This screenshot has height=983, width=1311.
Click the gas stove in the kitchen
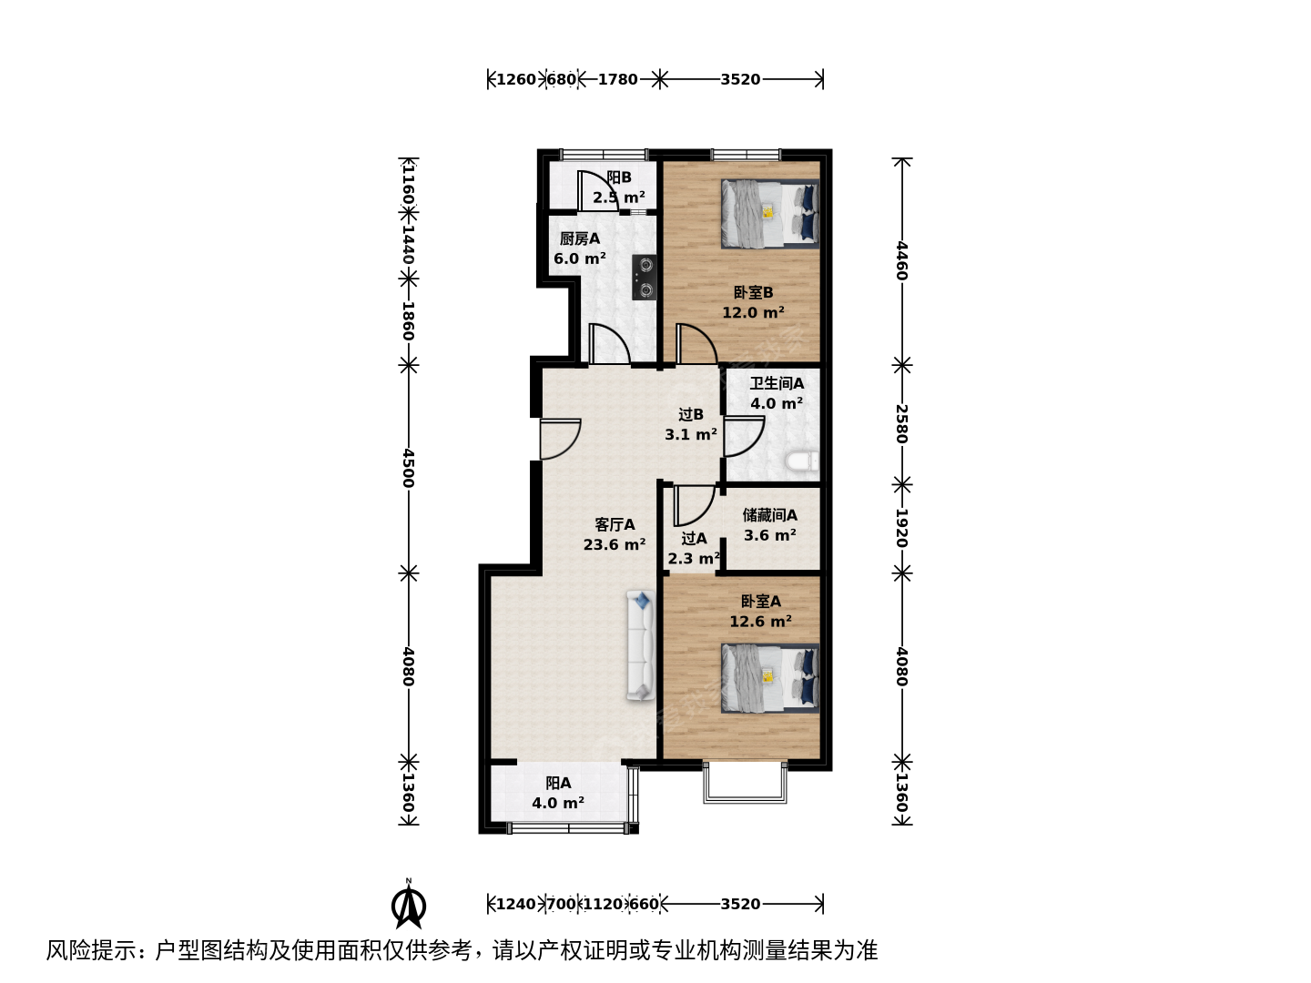(645, 277)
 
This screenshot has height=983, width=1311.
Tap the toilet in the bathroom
(801, 461)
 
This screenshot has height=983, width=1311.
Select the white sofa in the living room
(640, 645)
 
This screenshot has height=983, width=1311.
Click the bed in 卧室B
(769, 213)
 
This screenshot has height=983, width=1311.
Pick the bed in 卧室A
(769, 678)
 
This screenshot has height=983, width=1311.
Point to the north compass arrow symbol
(409, 905)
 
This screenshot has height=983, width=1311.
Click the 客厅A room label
(614, 524)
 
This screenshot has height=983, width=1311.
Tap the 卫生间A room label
(777, 383)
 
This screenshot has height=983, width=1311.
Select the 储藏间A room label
(769, 514)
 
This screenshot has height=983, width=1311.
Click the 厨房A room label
(579, 238)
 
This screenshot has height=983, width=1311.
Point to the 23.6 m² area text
(614, 544)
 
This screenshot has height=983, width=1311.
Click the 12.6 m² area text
(760, 622)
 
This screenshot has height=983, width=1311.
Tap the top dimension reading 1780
(617, 79)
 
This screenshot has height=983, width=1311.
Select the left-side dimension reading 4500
(408, 469)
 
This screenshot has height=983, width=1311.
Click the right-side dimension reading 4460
(902, 261)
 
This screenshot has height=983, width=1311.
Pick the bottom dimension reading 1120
(603, 904)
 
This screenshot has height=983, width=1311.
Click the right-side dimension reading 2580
(902, 424)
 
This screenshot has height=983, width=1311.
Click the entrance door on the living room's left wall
(560, 440)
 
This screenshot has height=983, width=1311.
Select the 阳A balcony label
(558, 783)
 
